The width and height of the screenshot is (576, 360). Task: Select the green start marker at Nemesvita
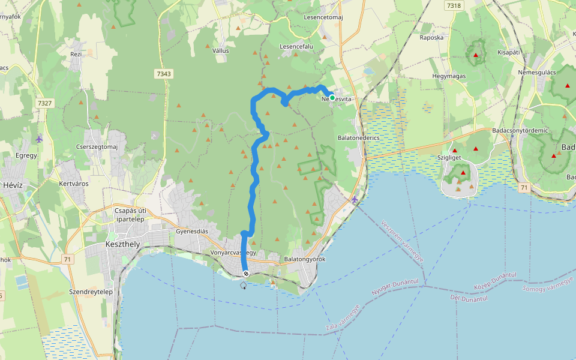[332, 98]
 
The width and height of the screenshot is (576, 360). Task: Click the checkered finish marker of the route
[246, 274]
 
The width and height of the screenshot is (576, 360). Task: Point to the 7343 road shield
[163, 74]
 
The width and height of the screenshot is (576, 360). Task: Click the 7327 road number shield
[44, 103]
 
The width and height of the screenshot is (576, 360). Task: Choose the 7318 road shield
[454, 5]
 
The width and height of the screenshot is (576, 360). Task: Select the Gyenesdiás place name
[192, 231]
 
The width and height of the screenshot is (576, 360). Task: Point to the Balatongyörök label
[304, 259]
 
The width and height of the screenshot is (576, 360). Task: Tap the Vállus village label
[221, 51]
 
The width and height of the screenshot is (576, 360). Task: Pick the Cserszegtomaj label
[97, 147]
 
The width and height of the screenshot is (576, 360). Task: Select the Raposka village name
[431, 37]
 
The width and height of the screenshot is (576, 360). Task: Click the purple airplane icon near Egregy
[39, 139]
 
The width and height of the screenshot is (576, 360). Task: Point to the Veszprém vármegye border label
[402, 242]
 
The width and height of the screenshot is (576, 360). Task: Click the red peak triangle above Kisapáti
[476, 55]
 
